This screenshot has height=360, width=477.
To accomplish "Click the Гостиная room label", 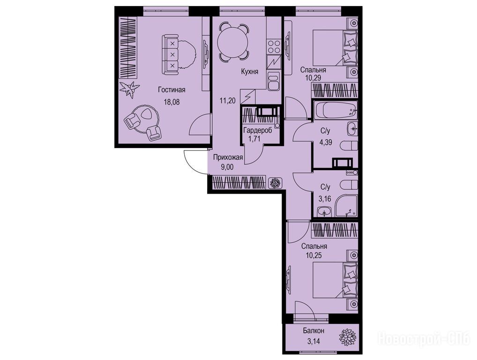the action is (x=171, y=90).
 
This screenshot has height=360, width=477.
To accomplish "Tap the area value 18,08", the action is (x=172, y=102).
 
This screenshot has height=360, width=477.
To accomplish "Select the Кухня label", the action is (x=249, y=72).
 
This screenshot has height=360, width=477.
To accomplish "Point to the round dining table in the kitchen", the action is (x=234, y=42).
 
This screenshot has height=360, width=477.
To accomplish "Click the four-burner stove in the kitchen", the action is (x=274, y=47).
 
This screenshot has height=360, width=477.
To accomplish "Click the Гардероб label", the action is (x=258, y=131).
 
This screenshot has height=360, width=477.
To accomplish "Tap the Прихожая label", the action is (x=228, y=157).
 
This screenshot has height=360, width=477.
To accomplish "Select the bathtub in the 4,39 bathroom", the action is (x=335, y=110).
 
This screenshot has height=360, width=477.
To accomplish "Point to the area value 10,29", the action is (x=313, y=78).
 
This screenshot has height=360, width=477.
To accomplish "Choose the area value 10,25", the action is (x=314, y=255).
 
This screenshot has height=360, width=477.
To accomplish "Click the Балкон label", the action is (x=313, y=330).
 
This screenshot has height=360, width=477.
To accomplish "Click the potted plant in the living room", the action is (x=129, y=90).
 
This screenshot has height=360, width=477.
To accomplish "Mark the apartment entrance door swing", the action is (x=196, y=162).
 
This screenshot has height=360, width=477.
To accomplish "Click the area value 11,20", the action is (x=228, y=100).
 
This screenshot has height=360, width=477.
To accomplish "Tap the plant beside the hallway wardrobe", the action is (x=276, y=183).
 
